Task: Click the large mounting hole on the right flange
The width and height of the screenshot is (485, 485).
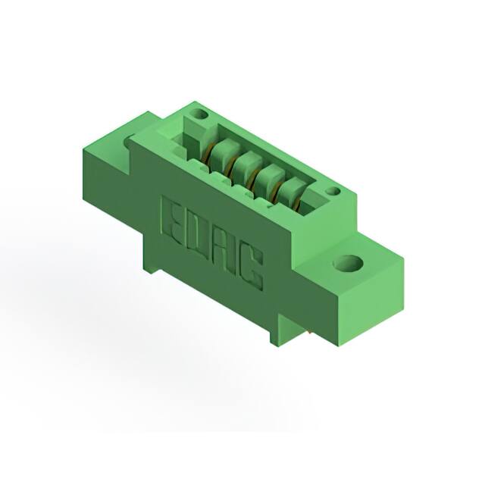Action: (348, 264)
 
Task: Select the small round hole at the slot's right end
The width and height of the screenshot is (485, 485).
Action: (332, 192)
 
